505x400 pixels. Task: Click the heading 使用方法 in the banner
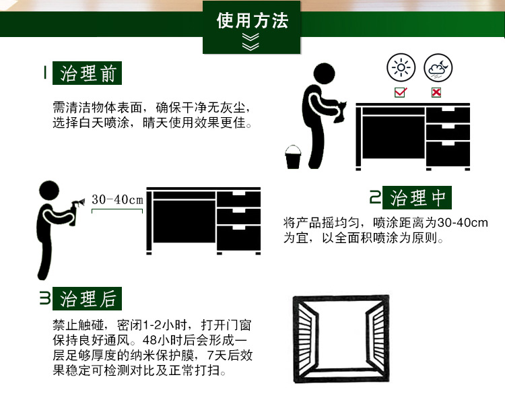pos(252,21)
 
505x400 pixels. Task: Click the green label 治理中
pos(418,198)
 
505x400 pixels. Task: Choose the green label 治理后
pos(88,298)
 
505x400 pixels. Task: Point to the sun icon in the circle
pos(402,69)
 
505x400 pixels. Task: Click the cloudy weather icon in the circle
pos(438,69)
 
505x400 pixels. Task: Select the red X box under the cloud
pos(436,92)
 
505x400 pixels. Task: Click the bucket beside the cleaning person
pos(294,158)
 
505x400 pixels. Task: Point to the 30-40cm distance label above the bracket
pos(118,200)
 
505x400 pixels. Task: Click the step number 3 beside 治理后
pos(44,298)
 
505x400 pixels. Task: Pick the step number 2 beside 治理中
pos(375,198)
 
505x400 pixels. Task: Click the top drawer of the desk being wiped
pos(447,114)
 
